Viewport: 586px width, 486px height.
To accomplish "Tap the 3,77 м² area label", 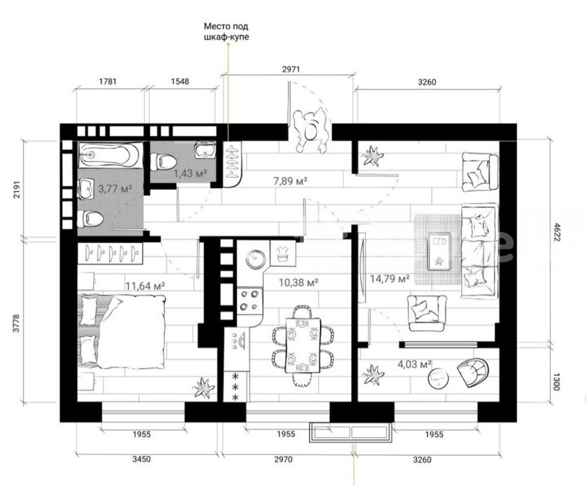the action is [x=115, y=188].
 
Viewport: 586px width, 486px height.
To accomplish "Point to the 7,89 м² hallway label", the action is [x=290, y=181].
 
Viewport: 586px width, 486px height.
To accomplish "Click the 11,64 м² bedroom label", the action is [x=145, y=286].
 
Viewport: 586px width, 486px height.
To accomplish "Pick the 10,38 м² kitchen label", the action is [x=298, y=282].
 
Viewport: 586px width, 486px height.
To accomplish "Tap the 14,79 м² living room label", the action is [x=390, y=278].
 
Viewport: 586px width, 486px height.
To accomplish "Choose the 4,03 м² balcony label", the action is [x=415, y=363].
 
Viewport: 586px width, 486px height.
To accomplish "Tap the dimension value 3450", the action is [x=141, y=459].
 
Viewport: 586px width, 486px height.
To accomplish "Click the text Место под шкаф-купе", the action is [x=227, y=32].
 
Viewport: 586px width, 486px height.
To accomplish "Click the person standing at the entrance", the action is [x=310, y=130].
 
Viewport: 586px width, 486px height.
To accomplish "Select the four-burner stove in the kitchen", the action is [x=249, y=300].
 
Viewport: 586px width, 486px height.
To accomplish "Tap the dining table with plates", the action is [x=302, y=345].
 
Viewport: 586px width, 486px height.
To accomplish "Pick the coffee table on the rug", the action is [x=439, y=251].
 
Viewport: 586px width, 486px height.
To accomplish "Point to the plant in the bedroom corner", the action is [x=203, y=388].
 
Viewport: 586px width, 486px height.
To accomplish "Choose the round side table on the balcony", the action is [x=438, y=379].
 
